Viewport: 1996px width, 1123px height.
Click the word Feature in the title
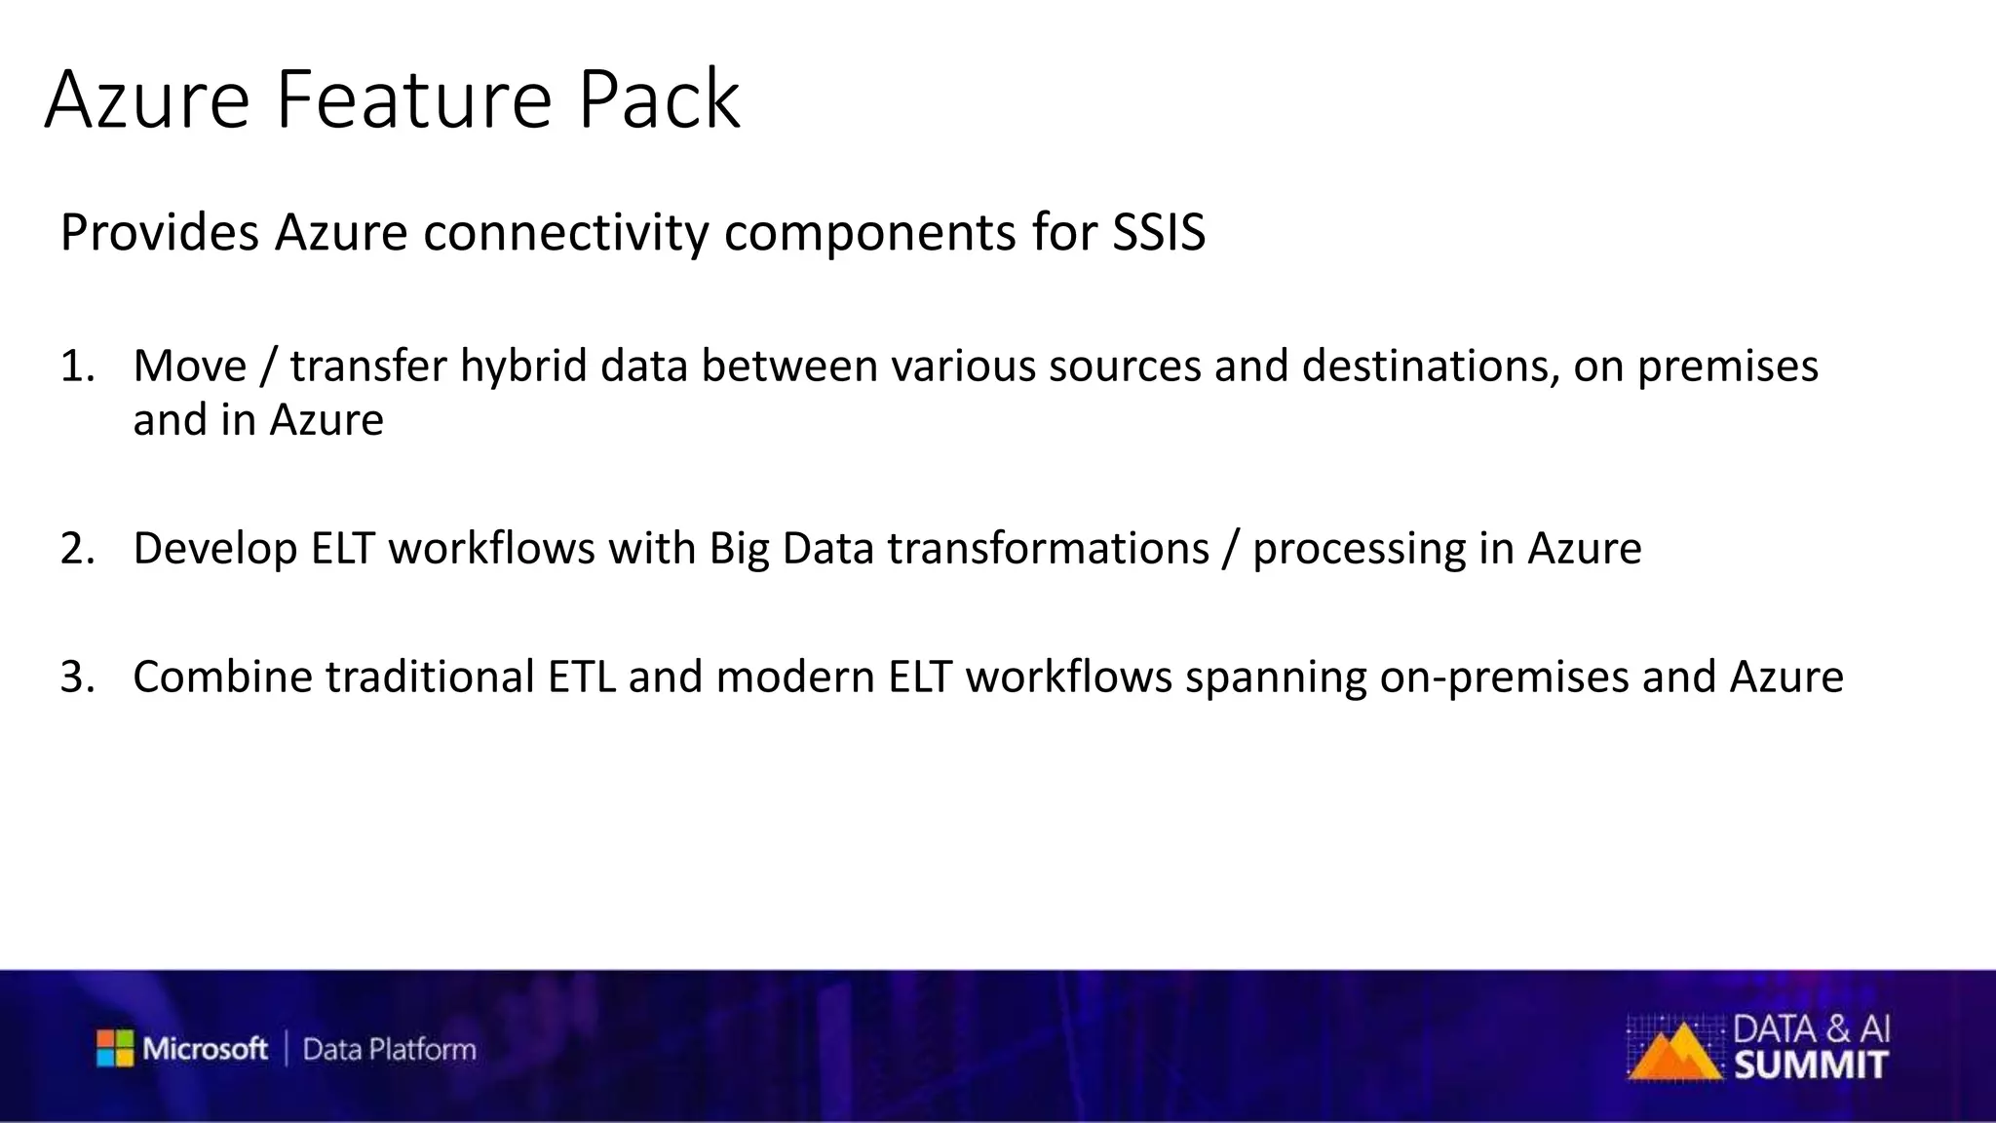pos(414,99)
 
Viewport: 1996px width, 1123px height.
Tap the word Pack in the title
pos(659,99)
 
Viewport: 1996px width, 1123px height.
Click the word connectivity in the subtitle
pos(565,234)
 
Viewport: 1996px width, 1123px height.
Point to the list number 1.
pos(77,367)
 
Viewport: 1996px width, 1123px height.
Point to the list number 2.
pos(77,549)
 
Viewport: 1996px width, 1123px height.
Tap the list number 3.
pos(77,678)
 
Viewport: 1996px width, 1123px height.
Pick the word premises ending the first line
pos(1727,367)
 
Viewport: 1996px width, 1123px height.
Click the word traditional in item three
pos(429,678)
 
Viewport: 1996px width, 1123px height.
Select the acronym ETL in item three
pos(581,678)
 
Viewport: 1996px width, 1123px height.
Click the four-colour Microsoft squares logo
pos(115,1048)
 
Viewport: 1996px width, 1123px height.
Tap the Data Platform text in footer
pos(389,1050)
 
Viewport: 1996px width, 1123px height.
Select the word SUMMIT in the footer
pos(1811,1065)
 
